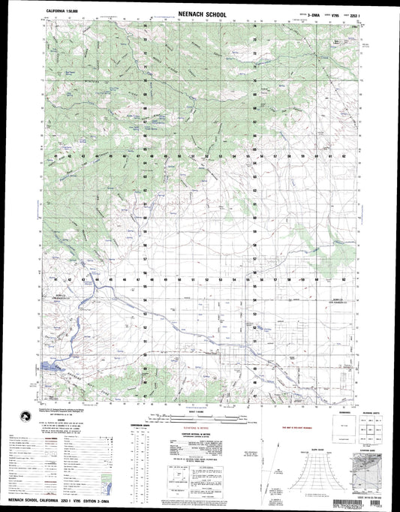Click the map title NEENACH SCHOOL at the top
click(200, 13)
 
